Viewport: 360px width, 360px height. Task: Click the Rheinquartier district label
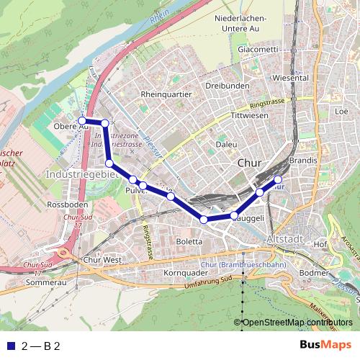coord(166,94)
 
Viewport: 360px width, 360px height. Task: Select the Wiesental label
coord(292,77)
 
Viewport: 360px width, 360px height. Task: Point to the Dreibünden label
coord(227,85)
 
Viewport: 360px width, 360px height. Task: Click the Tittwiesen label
coord(249,115)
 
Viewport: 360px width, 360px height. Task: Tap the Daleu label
coord(227,144)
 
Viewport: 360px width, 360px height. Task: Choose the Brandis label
coord(302,159)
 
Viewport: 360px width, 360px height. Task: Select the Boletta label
coord(189,242)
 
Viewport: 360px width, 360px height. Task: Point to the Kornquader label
coord(181,274)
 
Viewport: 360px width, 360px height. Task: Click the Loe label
coord(341,112)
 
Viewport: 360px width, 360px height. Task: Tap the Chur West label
coord(102,259)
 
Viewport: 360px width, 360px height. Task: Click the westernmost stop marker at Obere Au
coord(82,120)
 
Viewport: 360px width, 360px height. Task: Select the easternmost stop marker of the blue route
coord(278,179)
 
